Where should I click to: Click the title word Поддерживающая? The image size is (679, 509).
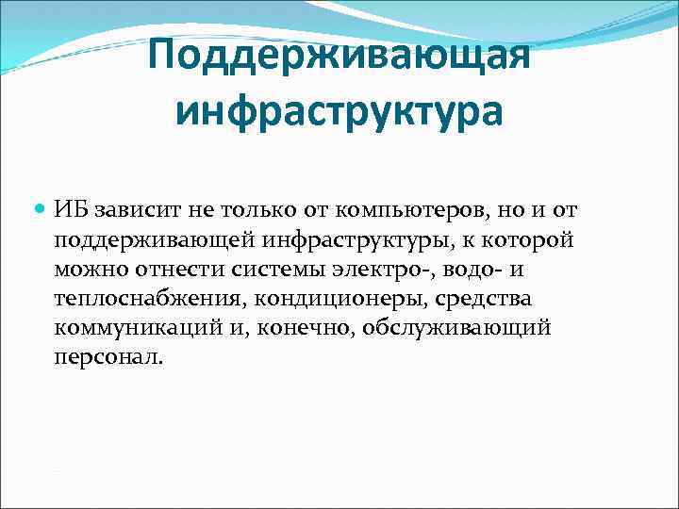coord(339,61)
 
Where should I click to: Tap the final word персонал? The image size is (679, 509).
coord(108,359)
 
